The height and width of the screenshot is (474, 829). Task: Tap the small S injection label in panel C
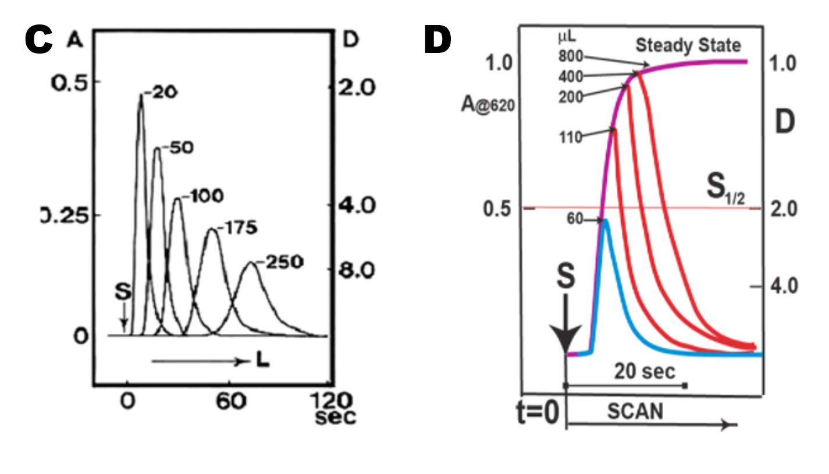pos(122,292)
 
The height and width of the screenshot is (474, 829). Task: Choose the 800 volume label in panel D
pos(571,56)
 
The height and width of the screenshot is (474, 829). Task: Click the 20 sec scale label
pos(644,372)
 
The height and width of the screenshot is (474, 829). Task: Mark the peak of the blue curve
pos(606,220)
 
